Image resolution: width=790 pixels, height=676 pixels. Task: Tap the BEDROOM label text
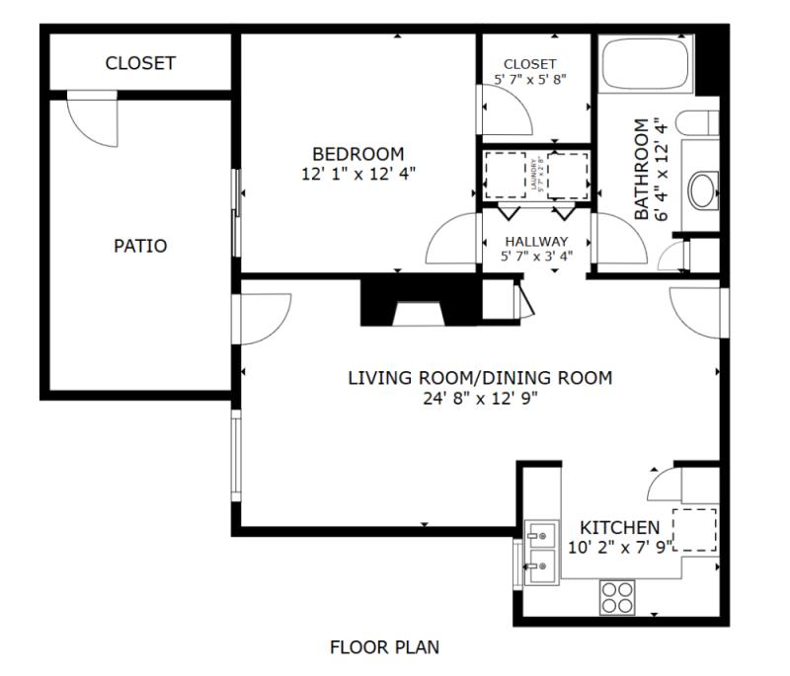pos(357,154)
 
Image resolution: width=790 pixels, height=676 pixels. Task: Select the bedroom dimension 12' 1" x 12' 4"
pos(357,173)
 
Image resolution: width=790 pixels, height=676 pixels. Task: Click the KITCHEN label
pos(619,527)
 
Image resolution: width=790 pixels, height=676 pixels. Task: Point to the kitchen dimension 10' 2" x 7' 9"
pos(619,546)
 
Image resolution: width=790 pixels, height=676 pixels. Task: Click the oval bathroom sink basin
pos(702,189)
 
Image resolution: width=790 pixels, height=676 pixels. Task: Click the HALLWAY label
pos(536,241)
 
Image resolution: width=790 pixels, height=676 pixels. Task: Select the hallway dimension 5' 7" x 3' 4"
pos(536,257)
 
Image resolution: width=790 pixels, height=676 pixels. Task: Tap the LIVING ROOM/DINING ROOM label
pos(480,378)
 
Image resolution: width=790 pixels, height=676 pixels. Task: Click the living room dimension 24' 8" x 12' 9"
pos(480,398)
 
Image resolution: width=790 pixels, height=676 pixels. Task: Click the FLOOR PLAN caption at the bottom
pos(384,647)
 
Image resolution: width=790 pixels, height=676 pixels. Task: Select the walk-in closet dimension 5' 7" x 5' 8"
pos(530,78)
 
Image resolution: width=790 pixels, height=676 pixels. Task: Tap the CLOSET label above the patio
pos(140,63)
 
